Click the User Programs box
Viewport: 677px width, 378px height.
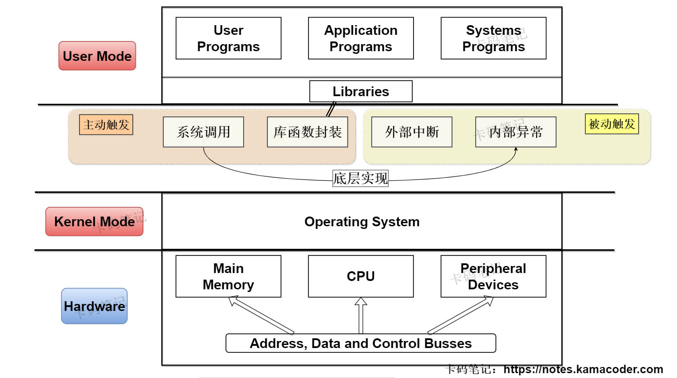228,38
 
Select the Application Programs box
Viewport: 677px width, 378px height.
361,38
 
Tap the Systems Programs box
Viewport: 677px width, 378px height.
493,38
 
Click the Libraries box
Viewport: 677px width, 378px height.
361,91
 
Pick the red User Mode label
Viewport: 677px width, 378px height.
97,56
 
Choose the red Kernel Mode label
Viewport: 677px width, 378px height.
94,221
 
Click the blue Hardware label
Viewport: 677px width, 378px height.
94,306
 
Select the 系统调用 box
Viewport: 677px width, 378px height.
203,132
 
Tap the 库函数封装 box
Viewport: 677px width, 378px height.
308,132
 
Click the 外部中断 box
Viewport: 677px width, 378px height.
412,132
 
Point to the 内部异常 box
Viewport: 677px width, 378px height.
515,132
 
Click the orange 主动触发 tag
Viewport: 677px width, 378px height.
106,125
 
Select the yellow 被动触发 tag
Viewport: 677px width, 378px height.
612,124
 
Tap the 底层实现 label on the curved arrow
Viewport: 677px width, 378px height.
361,178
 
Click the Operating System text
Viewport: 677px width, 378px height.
362,221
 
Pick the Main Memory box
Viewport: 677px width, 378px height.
228,277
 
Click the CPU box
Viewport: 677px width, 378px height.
361,277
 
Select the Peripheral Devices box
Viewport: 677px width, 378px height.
493,277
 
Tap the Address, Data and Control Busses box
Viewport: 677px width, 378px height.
361,343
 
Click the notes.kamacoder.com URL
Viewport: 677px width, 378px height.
583,369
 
